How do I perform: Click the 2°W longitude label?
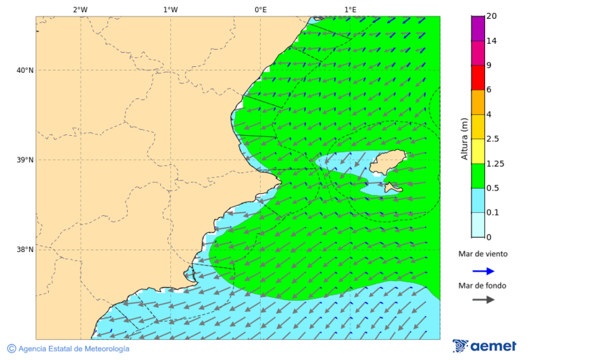[80, 9]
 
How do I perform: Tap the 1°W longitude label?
[170, 9]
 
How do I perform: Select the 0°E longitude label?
[260, 9]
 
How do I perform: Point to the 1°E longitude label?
[350, 9]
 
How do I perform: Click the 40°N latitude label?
[24, 70]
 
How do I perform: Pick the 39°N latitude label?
[24, 160]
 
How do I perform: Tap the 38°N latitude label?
[24, 249]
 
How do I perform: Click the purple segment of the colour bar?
[478, 28]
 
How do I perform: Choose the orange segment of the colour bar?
[478, 102]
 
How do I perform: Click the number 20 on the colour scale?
[491, 16]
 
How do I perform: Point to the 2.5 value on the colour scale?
[492, 139]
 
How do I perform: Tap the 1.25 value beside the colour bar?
[495, 163]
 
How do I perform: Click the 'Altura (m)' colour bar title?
[464, 138]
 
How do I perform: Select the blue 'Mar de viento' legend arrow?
[483, 271]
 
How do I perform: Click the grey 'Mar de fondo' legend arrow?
[483, 300]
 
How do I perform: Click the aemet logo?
[484, 346]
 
